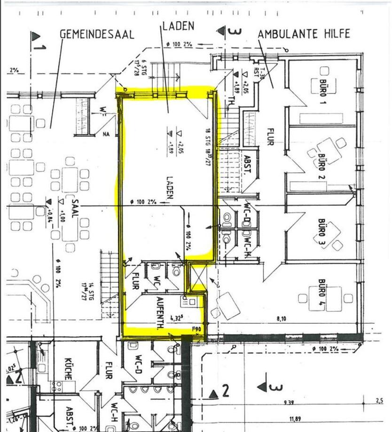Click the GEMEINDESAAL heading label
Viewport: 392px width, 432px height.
click(97, 34)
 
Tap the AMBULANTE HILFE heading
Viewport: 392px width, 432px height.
click(304, 34)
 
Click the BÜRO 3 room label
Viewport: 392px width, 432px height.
click(322, 231)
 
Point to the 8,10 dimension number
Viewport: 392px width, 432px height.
click(282, 319)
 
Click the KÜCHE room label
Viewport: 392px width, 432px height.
click(68, 369)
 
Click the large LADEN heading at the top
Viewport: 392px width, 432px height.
click(179, 26)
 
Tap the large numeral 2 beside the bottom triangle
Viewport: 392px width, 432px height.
click(225, 391)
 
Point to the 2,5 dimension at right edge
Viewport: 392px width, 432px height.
click(380, 400)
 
